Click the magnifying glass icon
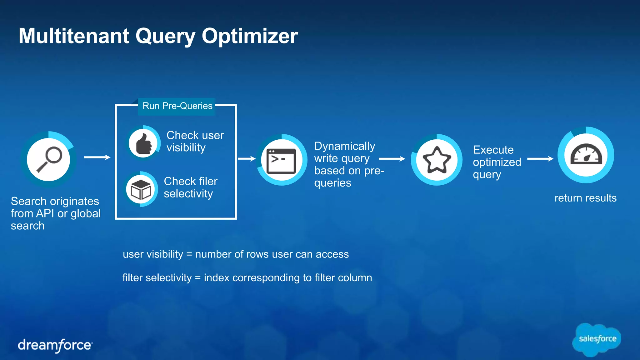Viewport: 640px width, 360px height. [x=49, y=160]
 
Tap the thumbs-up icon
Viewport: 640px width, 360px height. [x=143, y=144]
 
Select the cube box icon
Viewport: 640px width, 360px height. [x=141, y=189]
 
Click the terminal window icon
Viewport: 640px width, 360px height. [x=281, y=160]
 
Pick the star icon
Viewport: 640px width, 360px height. [x=437, y=160]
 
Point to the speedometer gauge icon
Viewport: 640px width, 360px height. [x=586, y=155]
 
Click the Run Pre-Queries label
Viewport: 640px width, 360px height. [x=177, y=106]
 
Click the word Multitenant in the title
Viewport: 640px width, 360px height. [x=74, y=36]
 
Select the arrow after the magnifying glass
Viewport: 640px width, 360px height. [x=97, y=157]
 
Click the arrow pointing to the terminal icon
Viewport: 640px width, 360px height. [x=247, y=159]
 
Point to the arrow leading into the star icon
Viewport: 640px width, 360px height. [x=392, y=159]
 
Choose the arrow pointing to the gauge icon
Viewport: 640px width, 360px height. [x=540, y=159]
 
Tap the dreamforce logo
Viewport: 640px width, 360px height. [x=55, y=345]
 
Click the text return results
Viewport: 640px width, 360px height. [x=585, y=198]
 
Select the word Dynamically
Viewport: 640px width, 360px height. [x=344, y=146]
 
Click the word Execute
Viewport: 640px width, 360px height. [x=493, y=150]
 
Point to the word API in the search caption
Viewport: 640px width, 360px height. [x=45, y=213]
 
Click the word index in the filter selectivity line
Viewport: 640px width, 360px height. [x=217, y=278]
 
